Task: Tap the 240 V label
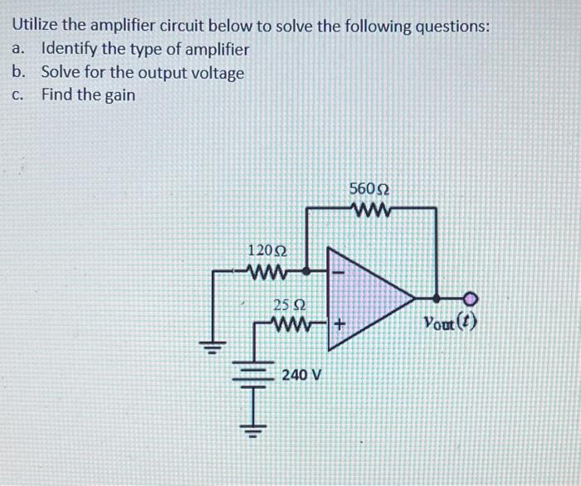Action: point(300,375)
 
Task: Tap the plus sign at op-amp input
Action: point(339,327)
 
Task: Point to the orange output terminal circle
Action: point(471,297)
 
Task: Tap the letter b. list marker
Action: point(18,72)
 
